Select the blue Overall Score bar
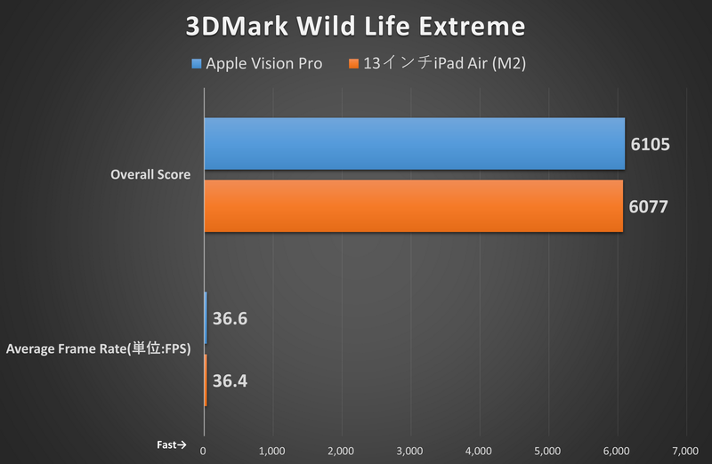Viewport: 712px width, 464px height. point(414,143)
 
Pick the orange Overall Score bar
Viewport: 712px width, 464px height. point(414,206)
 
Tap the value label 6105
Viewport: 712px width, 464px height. point(649,144)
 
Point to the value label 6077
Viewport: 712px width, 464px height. point(647,207)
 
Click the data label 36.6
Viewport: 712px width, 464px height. point(231,318)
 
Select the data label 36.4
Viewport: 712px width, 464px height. point(231,381)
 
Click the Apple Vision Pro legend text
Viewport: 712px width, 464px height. point(263,64)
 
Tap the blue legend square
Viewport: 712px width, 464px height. point(196,64)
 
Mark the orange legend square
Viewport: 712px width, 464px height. point(354,64)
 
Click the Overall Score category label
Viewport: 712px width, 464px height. point(150,175)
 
